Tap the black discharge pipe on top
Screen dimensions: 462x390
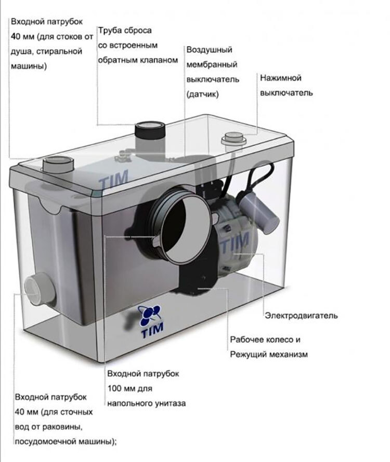150,135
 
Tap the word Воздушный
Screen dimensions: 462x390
209,50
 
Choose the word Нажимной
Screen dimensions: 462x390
280,78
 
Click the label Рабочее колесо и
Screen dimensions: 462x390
265,340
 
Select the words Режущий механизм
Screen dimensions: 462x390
269,355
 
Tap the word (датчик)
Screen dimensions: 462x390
202,94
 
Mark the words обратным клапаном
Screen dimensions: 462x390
138,60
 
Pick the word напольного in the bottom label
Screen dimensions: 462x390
128,403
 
